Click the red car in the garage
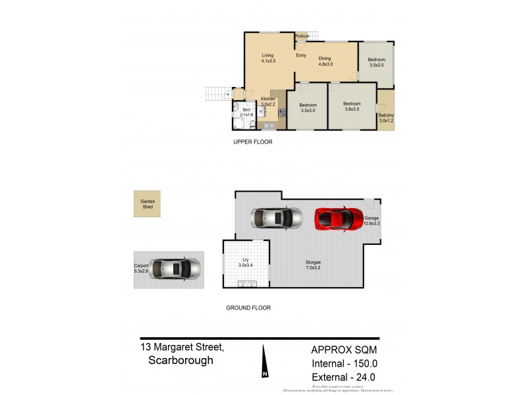pos(339,217)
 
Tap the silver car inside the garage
pos(276,217)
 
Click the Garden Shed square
pos(147,203)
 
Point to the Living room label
pos(267,58)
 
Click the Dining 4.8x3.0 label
pos(325,61)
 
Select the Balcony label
pos(386,118)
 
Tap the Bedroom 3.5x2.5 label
pos(377,63)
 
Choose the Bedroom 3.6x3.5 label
pos(352,106)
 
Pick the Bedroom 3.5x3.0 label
pos(308,108)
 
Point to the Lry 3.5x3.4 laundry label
pos(246,262)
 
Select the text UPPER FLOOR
pos(253,142)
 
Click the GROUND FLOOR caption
pos(248,307)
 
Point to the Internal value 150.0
pos(362,363)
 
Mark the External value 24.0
pos(363,377)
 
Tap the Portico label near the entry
pos(302,36)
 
